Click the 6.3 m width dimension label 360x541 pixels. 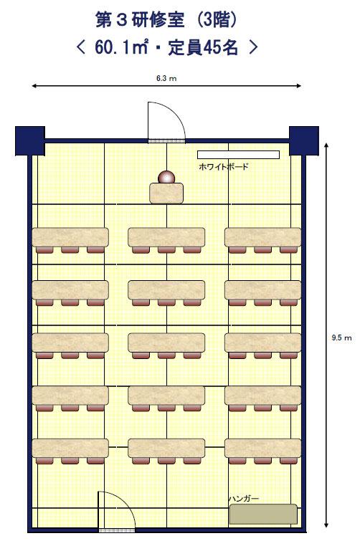coord(166,78)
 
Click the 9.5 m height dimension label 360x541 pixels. coord(341,337)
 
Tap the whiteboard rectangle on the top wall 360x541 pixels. coord(238,155)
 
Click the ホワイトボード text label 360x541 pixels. coord(224,167)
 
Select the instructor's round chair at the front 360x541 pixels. coord(166,177)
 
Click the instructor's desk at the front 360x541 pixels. coord(166,193)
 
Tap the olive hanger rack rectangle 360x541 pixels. coord(263,514)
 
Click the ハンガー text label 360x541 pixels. coord(244,499)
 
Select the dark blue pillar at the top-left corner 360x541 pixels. coord(30,140)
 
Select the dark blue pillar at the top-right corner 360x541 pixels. coord(304,140)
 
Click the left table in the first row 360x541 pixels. coord(70,237)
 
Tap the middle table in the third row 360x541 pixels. coord(166,343)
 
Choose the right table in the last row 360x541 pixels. coord(262,448)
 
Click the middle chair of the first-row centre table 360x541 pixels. coord(166,250)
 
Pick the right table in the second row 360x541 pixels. coord(262,289)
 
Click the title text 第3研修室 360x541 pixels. coord(140,20)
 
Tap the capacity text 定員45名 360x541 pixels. coord(203,47)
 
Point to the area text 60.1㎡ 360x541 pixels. coord(121,47)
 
